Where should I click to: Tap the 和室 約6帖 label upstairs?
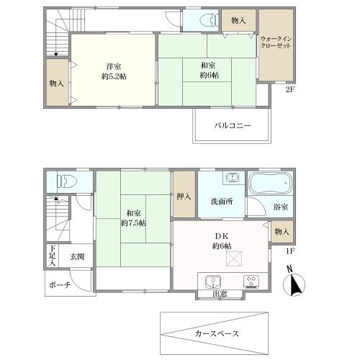[x=209, y=70]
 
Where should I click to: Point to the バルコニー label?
[x=232, y=125]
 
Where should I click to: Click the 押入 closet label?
[x=183, y=196]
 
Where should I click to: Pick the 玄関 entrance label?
[x=77, y=256]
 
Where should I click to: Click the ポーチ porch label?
[x=60, y=285]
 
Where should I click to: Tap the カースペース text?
[x=217, y=333]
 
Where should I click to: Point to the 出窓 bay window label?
[x=221, y=294]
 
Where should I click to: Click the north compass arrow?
[x=295, y=284]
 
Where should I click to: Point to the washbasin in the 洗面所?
[x=231, y=179]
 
